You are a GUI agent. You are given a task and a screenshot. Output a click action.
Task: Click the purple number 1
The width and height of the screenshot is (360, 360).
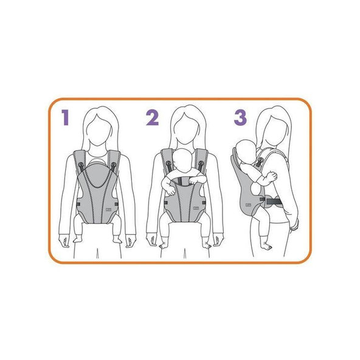(x=66, y=117)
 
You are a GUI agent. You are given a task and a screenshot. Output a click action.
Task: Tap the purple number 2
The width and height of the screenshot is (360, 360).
(x=153, y=117)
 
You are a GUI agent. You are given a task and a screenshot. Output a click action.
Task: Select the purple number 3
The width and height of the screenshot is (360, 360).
(x=240, y=117)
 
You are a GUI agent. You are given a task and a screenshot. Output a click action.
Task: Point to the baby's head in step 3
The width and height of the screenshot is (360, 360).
(x=246, y=152)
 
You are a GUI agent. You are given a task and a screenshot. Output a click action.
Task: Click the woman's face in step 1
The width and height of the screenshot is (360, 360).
(x=99, y=131)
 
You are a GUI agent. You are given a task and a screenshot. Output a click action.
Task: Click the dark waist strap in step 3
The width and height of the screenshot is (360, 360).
(x=274, y=202)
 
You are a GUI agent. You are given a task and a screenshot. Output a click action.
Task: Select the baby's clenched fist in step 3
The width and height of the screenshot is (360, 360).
(x=272, y=175)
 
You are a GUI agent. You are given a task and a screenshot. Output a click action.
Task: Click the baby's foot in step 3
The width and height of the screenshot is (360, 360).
(x=266, y=247)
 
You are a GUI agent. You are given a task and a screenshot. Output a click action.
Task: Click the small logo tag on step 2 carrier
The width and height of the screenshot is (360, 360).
(x=196, y=209)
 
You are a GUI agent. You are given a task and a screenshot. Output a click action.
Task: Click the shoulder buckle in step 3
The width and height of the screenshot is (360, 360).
(x=260, y=162)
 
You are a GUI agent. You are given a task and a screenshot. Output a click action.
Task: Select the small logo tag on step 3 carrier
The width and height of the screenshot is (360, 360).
(x=247, y=204)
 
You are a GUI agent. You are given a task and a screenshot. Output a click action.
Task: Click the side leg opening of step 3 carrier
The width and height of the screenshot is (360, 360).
(x=254, y=190)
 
